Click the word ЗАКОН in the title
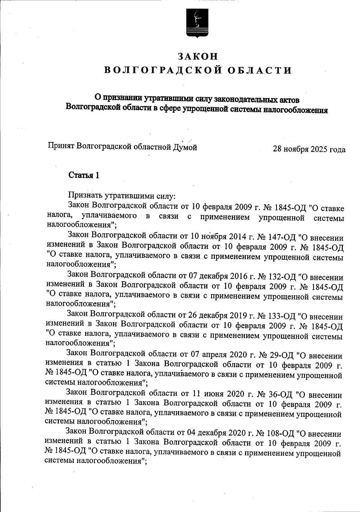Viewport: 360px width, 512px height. (x=197, y=56)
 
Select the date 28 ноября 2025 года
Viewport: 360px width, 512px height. (x=309, y=149)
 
